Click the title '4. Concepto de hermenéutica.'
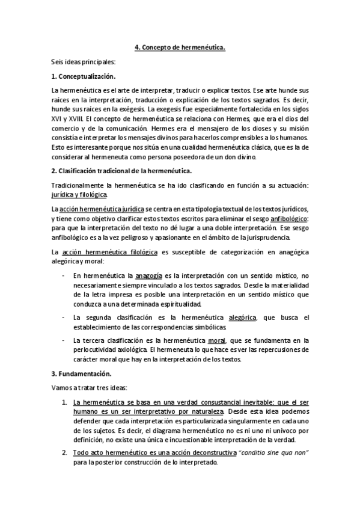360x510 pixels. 180,46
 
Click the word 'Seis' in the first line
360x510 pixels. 58,61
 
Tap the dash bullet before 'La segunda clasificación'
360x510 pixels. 64,317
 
